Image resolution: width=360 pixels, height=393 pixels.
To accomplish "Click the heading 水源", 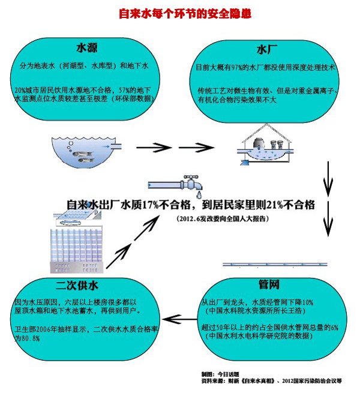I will pos(88,47).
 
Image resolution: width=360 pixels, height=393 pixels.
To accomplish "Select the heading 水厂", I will pos(266,48).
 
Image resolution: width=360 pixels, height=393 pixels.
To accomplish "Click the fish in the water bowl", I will pos(82,154).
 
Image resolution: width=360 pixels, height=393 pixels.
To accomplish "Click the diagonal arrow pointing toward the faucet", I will pos(130,248).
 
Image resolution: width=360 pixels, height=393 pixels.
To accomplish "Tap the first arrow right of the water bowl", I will pos(149,146).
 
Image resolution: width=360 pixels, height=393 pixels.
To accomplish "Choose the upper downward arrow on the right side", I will pos(328,177).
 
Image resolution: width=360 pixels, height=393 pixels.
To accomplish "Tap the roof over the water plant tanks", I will pos(266,129).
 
